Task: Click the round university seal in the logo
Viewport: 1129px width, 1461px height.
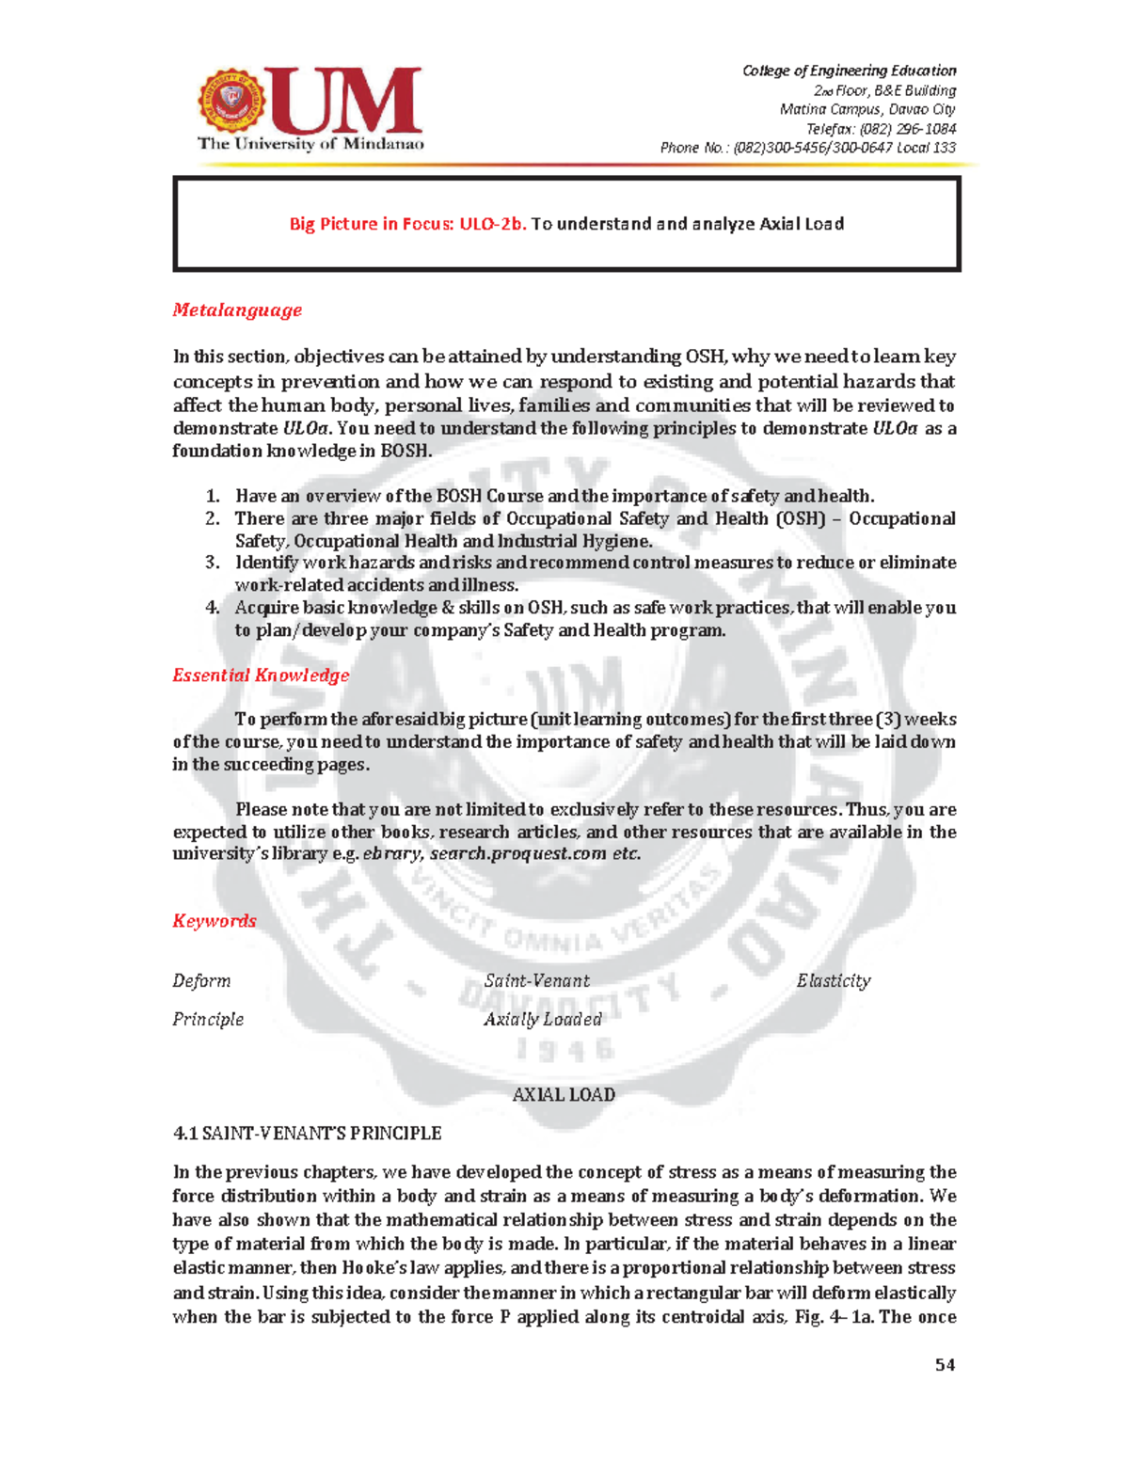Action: [231, 102]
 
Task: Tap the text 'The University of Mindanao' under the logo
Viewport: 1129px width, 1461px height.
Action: [310, 144]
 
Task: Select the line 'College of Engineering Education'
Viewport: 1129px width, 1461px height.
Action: [849, 71]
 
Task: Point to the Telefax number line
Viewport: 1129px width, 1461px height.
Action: [881, 129]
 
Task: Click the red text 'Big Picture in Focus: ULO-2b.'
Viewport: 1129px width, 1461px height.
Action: [407, 224]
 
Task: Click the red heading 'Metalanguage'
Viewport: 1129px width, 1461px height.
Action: [237, 310]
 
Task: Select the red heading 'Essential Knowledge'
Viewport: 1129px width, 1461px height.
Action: [261, 675]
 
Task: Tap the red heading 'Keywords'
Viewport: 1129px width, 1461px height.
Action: [214, 920]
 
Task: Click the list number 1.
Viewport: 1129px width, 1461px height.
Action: [213, 496]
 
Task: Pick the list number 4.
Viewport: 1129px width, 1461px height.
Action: [213, 608]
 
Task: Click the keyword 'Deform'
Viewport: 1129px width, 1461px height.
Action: [201, 980]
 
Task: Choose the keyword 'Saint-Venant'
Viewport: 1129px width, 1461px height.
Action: [537, 980]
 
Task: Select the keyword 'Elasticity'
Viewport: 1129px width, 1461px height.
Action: [834, 980]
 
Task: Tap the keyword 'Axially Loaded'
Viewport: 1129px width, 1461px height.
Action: [543, 1019]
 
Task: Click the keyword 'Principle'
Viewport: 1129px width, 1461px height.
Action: [208, 1019]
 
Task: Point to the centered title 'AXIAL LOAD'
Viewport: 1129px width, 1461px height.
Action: [564, 1094]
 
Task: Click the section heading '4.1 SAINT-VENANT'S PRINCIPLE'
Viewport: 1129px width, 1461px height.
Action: [307, 1133]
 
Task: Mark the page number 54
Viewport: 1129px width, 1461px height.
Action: [946, 1364]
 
